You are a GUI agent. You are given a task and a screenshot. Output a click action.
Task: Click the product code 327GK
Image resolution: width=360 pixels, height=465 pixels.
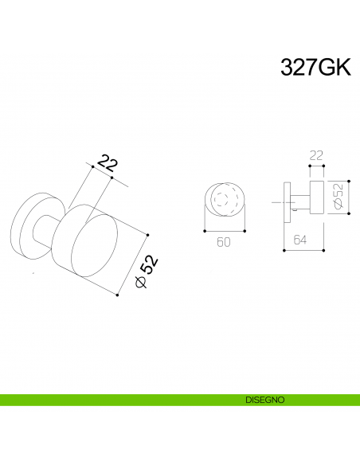point(315,68)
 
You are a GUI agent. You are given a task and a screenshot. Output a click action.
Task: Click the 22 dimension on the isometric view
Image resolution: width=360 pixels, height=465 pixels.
point(107,165)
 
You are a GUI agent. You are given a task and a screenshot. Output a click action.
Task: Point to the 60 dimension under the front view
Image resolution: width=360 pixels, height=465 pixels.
point(224,243)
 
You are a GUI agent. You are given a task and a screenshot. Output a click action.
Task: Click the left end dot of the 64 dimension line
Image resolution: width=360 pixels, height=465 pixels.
point(284,251)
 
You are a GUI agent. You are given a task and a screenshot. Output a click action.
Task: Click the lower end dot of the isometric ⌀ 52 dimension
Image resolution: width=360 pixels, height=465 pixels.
point(117,296)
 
